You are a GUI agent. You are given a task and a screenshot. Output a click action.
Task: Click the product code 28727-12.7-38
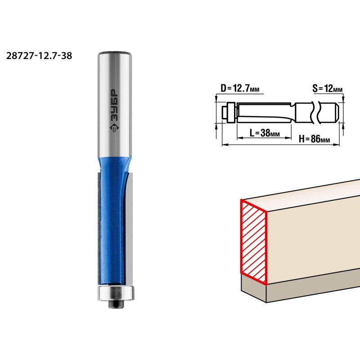[39, 56]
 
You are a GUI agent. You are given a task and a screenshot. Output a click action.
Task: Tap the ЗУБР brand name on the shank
[114, 105]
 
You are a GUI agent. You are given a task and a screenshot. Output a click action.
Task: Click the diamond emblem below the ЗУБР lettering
[114, 128]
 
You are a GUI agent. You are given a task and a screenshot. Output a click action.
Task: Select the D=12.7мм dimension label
[240, 88]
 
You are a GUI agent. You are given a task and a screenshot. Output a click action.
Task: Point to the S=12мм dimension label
[328, 88]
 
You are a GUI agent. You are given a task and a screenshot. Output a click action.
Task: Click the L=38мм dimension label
[265, 133]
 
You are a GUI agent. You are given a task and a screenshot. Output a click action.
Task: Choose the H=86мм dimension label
[314, 139]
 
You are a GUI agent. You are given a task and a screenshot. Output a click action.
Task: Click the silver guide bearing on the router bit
[116, 293]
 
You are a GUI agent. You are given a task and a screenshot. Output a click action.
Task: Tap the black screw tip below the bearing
[116, 304]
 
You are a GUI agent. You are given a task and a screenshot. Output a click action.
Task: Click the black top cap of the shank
[115, 53]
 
